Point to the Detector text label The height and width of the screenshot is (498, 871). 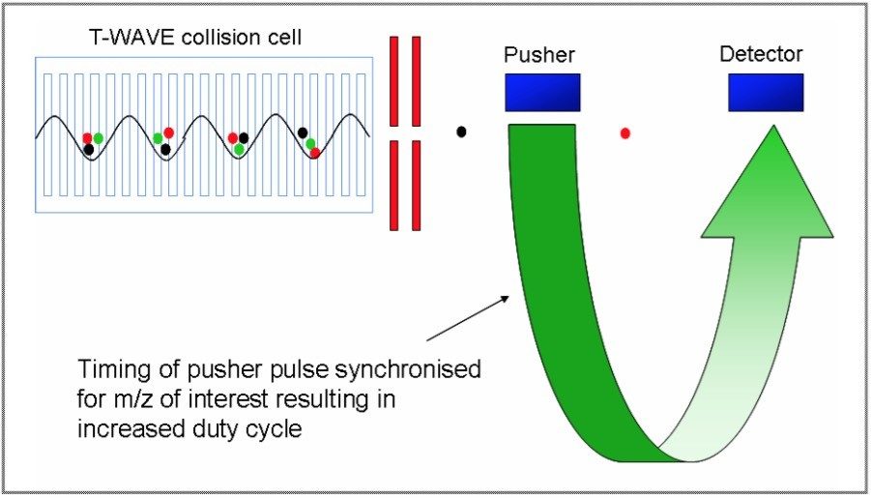tap(761, 54)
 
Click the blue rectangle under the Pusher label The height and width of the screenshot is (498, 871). tap(541, 92)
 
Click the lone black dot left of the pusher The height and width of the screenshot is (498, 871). tap(462, 131)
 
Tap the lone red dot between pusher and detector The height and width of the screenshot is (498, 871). tap(625, 132)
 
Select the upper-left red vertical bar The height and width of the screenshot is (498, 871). tap(394, 81)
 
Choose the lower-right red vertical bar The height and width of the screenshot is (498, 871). tap(417, 186)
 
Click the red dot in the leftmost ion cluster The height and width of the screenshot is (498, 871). tap(87, 138)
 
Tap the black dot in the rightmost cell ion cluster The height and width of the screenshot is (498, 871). tap(303, 132)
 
